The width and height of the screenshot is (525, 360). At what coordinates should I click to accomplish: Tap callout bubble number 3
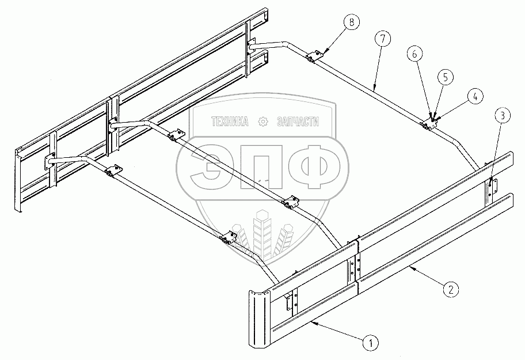tap(502, 116)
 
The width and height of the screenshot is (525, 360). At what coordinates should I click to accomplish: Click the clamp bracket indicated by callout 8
tap(314, 56)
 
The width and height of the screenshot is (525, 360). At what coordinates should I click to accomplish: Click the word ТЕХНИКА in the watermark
tap(231, 122)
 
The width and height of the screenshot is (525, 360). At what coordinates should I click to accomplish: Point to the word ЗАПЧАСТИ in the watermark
tap(298, 122)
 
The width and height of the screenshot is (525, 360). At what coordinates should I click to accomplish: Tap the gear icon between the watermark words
tap(264, 122)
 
